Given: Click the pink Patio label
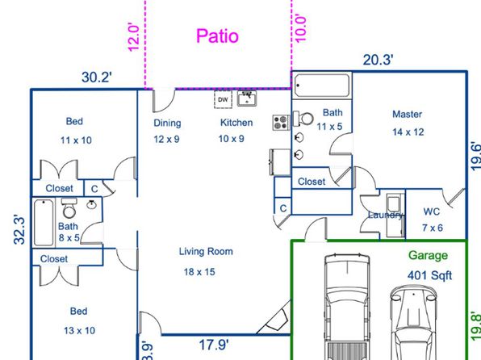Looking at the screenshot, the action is tap(217, 36).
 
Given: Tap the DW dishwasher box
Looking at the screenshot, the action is tap(223, 99).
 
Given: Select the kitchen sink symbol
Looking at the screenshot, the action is tap(247, 98).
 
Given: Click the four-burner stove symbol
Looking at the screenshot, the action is tap(282, 122).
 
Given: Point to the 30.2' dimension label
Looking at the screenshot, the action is tap(97, 77).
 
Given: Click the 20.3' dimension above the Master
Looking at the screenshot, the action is tap(378, 60).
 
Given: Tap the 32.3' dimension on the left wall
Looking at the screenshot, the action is tap(19, 230).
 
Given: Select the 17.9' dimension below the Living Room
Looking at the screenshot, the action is tap(214, 345).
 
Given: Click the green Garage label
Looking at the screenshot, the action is tap(428, 256).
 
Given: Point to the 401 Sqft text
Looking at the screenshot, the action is tap(429, 275).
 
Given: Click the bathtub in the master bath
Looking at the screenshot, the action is tap(322, 86).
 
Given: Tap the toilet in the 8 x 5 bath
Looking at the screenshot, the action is tap(69, 208).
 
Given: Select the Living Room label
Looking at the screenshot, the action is tap(206, 252).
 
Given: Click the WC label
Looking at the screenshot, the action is tap(431, 211).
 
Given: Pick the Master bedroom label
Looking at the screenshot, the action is tap(407, 114).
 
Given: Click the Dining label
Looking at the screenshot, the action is tap(167, 123).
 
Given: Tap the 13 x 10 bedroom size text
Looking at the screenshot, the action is tap(79, 330).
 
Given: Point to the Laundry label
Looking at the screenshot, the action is tap(386, 215).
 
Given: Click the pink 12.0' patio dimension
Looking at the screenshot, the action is tap(133, 37).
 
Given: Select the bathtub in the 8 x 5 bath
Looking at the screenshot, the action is tap(44, 223).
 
